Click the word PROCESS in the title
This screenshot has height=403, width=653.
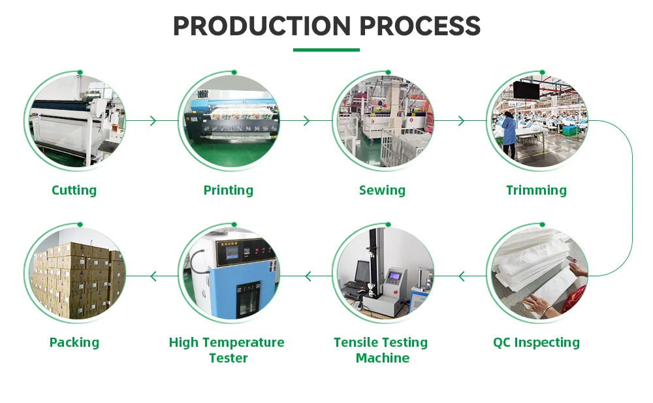[x=420, y=26]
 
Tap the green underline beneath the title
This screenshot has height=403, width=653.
[x=326, y=50]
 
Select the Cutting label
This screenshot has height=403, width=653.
[x=74, y=190]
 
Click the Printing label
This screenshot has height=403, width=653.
[x=228, y=190]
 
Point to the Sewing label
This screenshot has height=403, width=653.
[x=382, y=190]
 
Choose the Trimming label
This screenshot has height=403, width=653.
[x=536, y=190]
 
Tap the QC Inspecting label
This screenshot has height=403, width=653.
[x=536, y=342]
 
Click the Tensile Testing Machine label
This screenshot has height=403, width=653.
[x=382, y=350]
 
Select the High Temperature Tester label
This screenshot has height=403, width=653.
[x=227, y=350]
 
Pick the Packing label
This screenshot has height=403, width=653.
[x=74, y=342]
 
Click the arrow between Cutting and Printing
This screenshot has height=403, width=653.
[x=153, y=121]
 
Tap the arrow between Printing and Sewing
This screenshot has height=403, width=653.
[x=307, y=121]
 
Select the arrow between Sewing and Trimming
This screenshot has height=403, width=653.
[x=461, y=121]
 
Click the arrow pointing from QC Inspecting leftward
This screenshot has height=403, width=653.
[x=462, y=276]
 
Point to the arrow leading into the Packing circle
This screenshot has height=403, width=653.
[x=153, y=276]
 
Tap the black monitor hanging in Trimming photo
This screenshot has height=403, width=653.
[x=526, y=90]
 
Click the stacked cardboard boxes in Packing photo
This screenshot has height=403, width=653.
[x=75, y=278]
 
